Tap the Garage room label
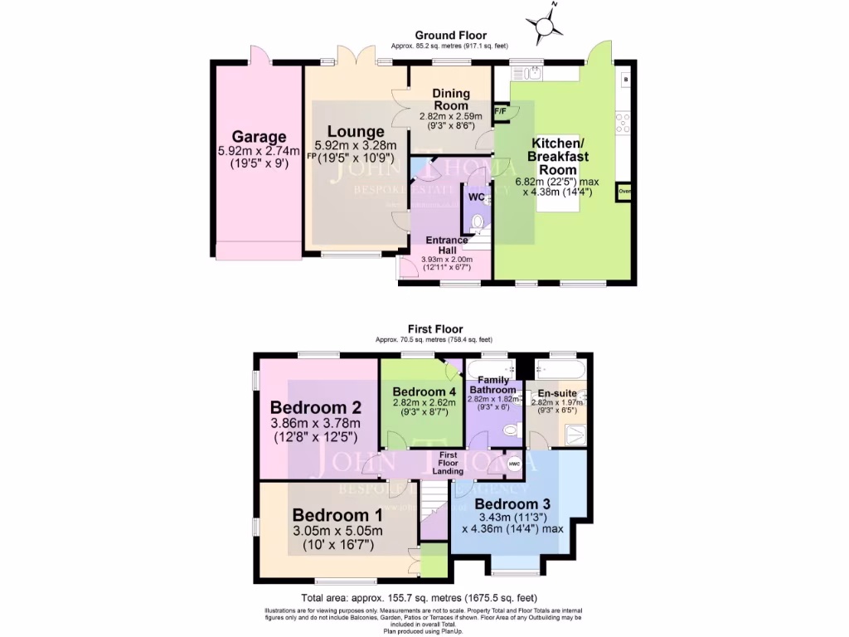(259, 137)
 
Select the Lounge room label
(355, 132)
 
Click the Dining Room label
(449, 100)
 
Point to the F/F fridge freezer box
(502, 111)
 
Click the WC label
(476, 197)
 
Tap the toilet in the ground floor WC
(475, 222)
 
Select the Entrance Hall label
(447, 246)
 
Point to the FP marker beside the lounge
(311, 156)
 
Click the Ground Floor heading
(450, 35)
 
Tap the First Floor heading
(434, 329)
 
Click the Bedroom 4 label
(423, 391)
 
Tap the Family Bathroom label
(489, 385)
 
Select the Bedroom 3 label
(512, 503)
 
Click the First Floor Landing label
(449, 463)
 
